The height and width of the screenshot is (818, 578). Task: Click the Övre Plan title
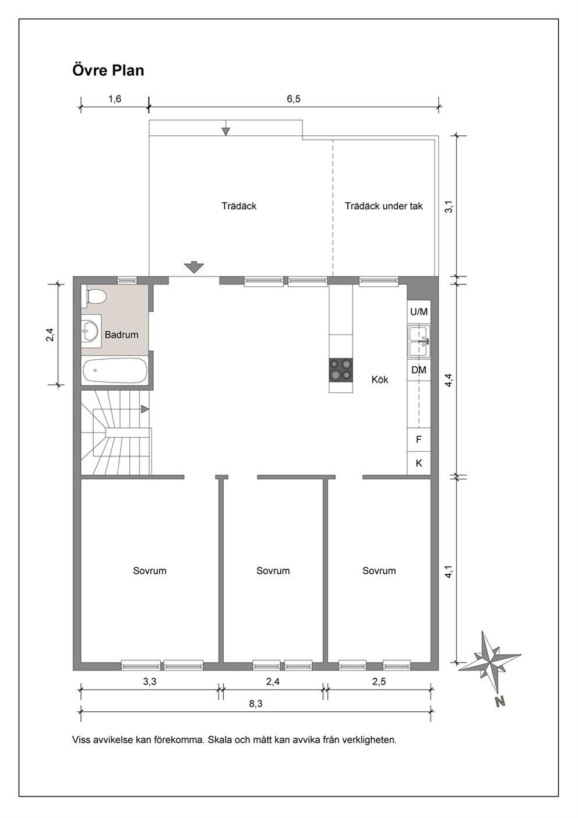coord(108,70)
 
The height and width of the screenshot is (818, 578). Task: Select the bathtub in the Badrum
coord(115,370)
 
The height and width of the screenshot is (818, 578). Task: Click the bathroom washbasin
coord(91,331)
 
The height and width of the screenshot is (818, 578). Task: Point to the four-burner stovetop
coord(341,370)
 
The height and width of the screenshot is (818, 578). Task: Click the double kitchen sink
coord(419,342)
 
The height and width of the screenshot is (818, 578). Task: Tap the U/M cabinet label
coord(419,312)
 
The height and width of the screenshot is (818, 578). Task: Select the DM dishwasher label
coord(419,370)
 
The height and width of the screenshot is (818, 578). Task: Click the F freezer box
coord(419,439)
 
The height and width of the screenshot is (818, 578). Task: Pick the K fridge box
coord(419,463)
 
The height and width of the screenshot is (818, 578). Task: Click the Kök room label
coord(380,380)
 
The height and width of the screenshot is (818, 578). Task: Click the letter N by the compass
coord(501,701)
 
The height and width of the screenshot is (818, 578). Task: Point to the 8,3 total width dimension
coord(256,703)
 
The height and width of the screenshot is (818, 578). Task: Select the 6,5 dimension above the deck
coord(294,99)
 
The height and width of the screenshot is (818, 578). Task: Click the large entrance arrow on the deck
coord(194,267)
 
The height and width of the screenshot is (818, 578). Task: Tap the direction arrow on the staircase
coord(145,409)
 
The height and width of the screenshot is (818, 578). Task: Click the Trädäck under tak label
coord(384,206)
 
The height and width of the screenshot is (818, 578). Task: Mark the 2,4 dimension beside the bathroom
coord(50,335)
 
